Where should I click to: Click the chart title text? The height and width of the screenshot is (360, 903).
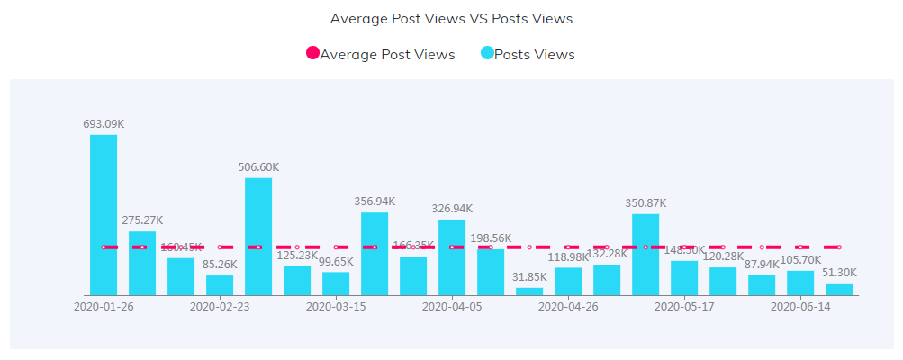click(451, 18)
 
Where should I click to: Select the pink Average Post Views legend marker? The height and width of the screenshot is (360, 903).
click(312, 54)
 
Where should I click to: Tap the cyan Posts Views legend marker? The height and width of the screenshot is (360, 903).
click(487, 54)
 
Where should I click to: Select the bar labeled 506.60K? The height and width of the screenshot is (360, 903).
click(258, 236)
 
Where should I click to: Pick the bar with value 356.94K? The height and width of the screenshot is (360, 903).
click(375, 253)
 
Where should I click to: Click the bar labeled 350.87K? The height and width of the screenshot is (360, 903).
click(646, 254)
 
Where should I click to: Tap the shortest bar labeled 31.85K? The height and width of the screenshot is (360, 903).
click(529, 291)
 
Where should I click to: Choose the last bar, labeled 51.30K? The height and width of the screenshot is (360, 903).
click(839, 289)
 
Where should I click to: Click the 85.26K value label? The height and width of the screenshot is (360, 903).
click(220, 265)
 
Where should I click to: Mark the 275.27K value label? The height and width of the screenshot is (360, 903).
click(142, 220)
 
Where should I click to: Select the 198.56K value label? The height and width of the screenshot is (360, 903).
click(491, 238)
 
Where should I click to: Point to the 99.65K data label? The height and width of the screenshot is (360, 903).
click(336, 261)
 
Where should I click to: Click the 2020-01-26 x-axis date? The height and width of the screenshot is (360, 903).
click(104, 306)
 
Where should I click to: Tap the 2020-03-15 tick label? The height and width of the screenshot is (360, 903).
click(336, 306)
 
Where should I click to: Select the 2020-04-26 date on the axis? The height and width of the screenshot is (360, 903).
click(568, 306)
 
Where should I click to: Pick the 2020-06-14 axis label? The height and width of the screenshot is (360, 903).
click(800, 306)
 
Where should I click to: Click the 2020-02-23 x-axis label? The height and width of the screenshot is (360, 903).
click(220, 306)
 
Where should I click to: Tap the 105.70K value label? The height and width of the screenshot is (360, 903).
click(800, 260)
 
